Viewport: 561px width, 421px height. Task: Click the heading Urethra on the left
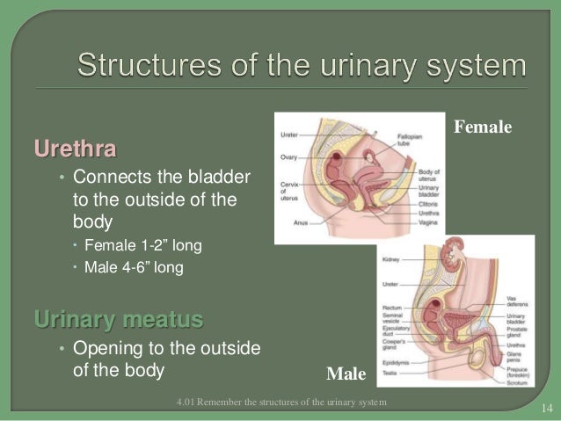click(75, 147)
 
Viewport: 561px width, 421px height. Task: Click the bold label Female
click(483, 127)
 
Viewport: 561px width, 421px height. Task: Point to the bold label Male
click(346, 375)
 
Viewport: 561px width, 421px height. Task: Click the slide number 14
click(546, 406)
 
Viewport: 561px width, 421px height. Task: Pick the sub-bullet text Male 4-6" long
click(134, 267)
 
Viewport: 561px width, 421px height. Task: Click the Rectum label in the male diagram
click(390, 308)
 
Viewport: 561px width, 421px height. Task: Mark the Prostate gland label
click(517, 323)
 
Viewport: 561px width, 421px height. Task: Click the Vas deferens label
click(517, 300)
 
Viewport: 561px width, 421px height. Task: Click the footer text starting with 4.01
click(280, 403)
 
